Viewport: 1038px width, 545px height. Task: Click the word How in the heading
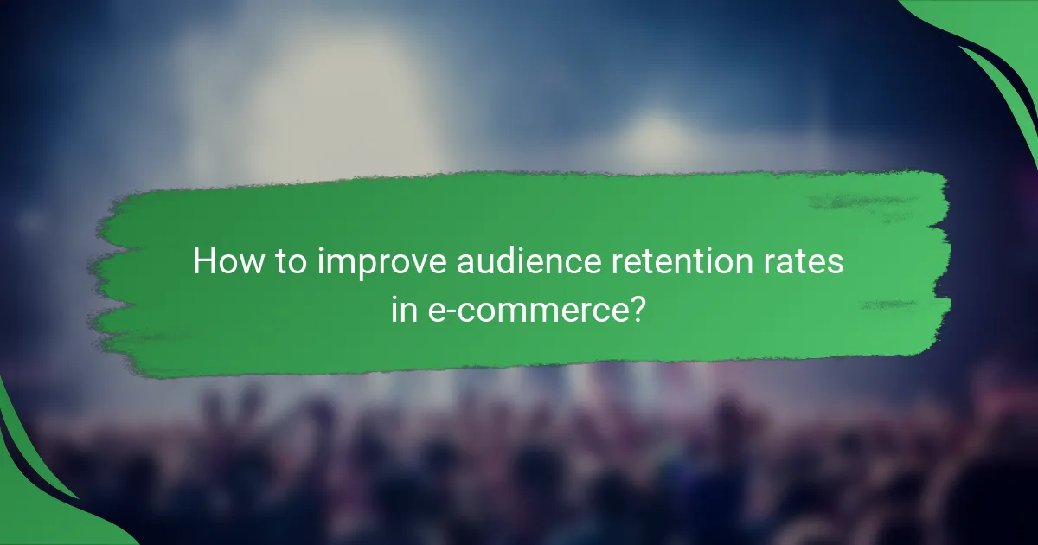[221, 262]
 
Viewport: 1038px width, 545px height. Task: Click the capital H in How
[203, 262]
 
